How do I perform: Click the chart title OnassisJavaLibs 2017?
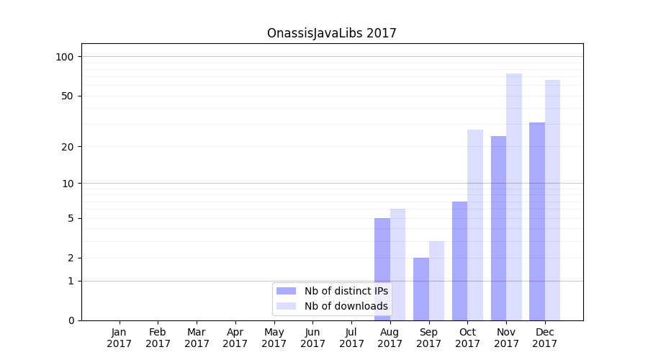point(331,33)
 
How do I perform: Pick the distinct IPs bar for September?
point(421,289)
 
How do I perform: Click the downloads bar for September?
point(436,281)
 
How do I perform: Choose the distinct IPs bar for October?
point(459,261)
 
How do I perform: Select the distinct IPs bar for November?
point(498,228)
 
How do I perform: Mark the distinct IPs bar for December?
point(537,221)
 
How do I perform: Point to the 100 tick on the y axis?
point(65,57)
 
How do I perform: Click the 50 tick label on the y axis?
point(68,96)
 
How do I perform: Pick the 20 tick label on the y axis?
point(68,147)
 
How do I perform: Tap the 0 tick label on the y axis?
point(71,320)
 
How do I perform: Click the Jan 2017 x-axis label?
point(120,338)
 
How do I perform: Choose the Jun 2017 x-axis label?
point(312,338)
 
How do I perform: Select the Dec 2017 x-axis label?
point(545,338)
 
